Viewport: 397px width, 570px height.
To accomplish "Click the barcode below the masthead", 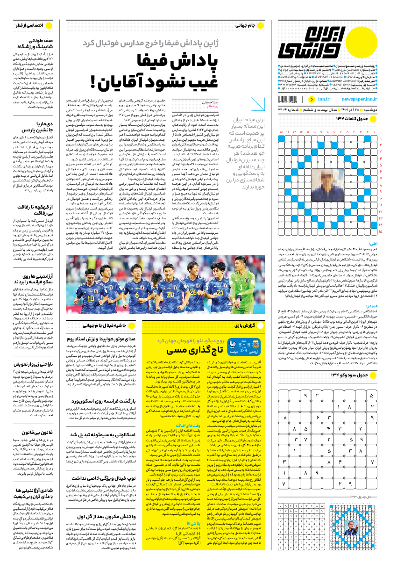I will click(x=292, y=99).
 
